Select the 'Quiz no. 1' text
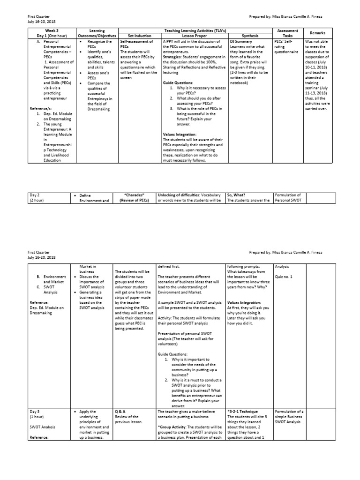pyautogui.click(x=285, y=277)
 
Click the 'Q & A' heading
pyautogui.click(x=120, y=412)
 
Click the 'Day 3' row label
pyautogui.click(x=37, y=412)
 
